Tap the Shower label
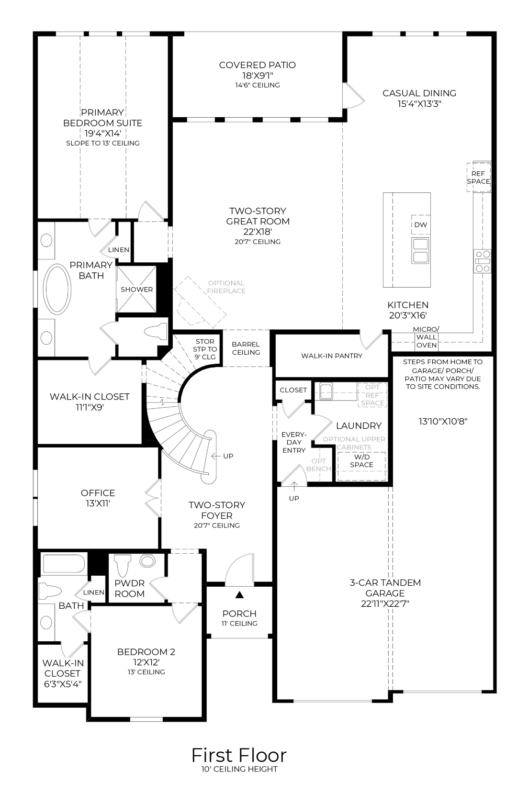click(x=136, y=290)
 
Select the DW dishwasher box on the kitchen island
click(x=420, y=225)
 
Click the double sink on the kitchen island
click(x=420, y=250)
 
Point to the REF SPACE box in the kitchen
click(x=478, y=178)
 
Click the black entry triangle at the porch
click(x=239, y=594)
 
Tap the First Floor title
click(x=239, y=755)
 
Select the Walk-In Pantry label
click(x=331, y=356)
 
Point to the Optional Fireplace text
click(x=226, y=287)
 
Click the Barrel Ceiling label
click(x=246, y=348)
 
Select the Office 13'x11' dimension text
click(x=98, y=503)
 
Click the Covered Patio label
click(x=257, y=65)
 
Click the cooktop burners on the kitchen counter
click(x=482, y=261)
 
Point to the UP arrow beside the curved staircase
click(x=223, y=456)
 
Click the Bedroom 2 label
click(x=146, y=652)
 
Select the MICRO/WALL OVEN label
click(x=426, y=337)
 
